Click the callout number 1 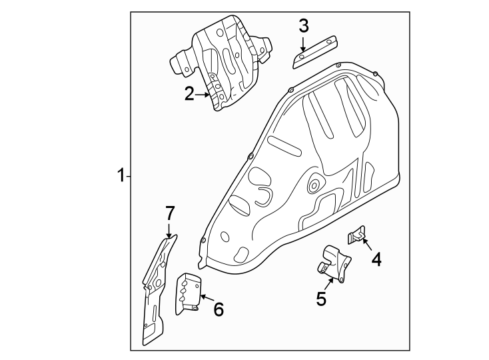click(x=121, y=176)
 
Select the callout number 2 click(x=189, y=94)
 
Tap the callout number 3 click(x=303, y=26)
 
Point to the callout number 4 click(x=376, y=259)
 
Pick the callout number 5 click(x=321, y=299)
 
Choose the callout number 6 click(x=218, y=309)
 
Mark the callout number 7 click(x=169, y=213)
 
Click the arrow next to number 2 click(x=203, y=95)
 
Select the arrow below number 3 click(x=303, y=44)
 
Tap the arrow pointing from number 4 click(x=366, y=243)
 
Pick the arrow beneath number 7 click(x=169, y=231)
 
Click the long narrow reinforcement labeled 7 click(x=155, y=293)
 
